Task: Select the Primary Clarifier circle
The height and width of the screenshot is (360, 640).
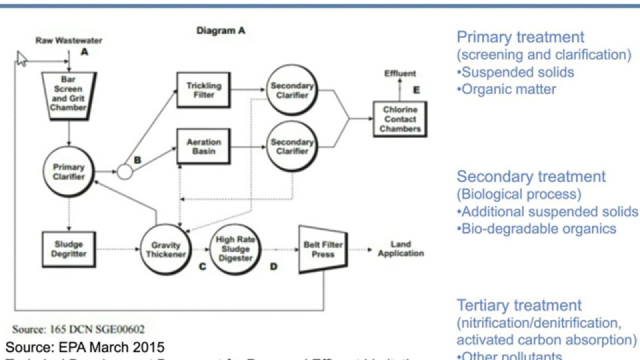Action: (69, 173)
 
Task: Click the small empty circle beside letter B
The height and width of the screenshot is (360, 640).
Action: (125, 173)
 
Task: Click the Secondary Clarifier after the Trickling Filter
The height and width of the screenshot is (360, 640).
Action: (291, 91)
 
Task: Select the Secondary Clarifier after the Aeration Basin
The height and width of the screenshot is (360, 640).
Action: (291, 147)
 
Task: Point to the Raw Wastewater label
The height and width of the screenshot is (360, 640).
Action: (60, 41)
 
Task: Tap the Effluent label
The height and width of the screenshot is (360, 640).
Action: (400, 73)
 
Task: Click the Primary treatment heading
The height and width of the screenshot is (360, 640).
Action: (520, 37)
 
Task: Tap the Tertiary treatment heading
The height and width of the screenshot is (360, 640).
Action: (519, 306)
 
